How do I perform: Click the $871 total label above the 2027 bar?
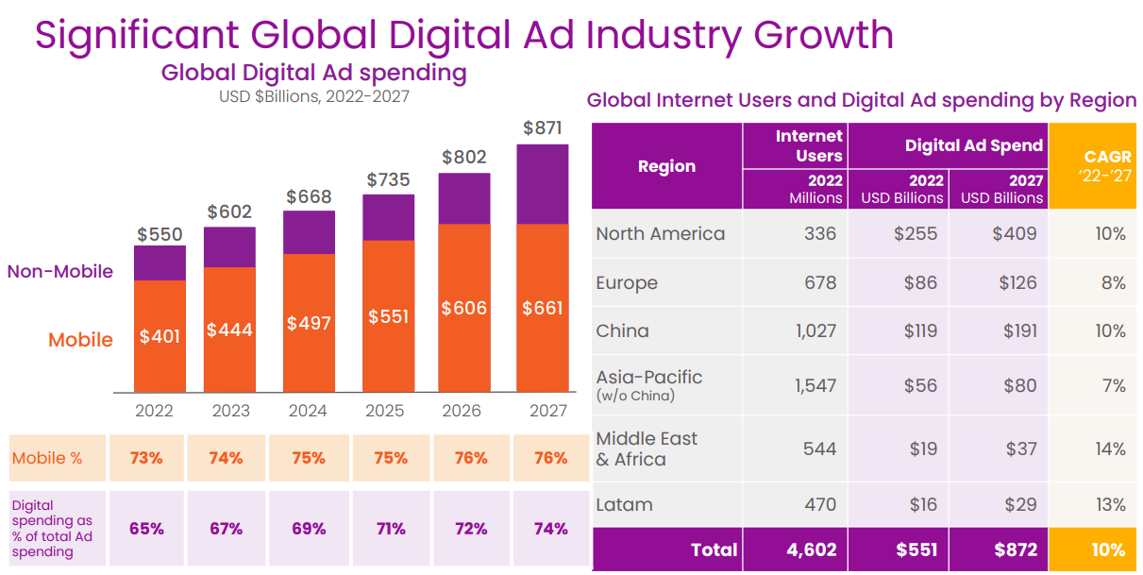click(542, 127)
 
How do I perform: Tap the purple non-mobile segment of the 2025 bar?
click(388, 217)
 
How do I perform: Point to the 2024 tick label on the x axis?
click(308, 410)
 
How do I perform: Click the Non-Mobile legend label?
click(60, 272)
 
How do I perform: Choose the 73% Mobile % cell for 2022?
click(146, 458)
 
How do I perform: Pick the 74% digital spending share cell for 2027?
click(550, 529)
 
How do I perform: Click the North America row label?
click(661, 233)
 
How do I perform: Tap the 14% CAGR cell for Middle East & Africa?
click(1110, 448)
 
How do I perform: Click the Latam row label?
click(624, 505)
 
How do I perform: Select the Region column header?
click(666, 166)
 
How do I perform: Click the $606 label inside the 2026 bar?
click(464, 308)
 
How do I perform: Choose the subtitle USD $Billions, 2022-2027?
click(314, 96)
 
